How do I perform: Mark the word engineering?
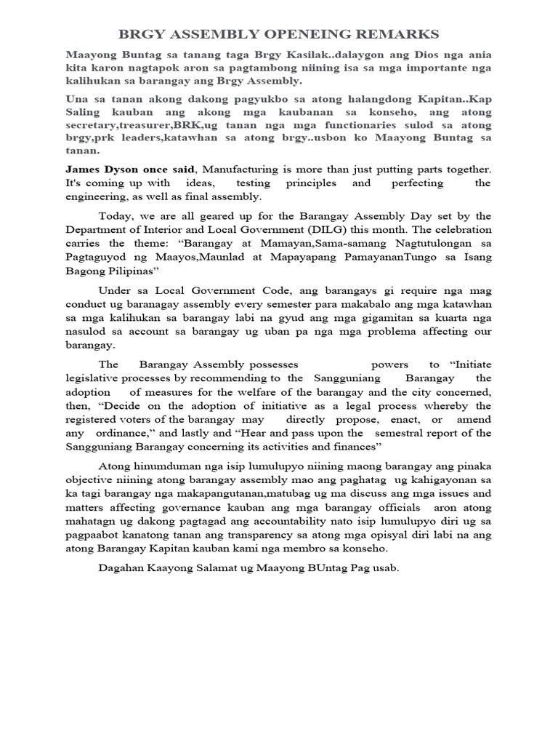coord(94,197)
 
